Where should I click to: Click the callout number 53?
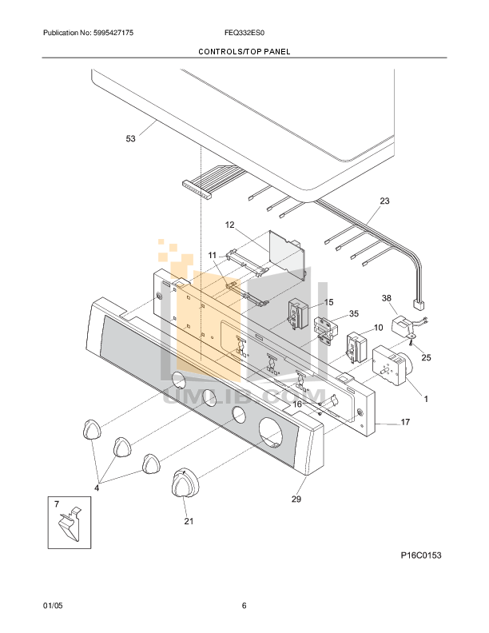click(130, 138)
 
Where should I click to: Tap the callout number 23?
click(384, 201)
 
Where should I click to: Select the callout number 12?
click(229, 225)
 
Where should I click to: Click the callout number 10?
click(378, 327)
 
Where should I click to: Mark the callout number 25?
click(426, 357)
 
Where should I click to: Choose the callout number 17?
click(404, 422)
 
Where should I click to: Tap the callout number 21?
click(189, 521)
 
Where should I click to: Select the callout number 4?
click(97, 487)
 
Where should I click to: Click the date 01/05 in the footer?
click(52, 605)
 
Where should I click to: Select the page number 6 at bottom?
click(244, 605)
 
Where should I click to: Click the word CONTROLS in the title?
click(219, 50)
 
